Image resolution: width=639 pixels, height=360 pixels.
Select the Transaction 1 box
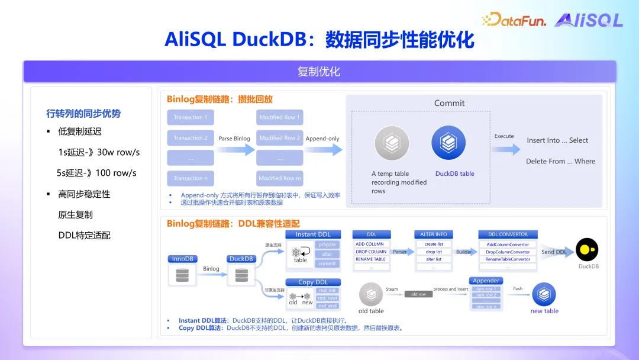pos(191,117)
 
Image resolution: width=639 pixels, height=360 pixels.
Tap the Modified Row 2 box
pos(280,138)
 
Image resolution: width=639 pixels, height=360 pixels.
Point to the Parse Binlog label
pos(234,139)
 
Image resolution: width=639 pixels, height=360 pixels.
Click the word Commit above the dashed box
pos(449,103)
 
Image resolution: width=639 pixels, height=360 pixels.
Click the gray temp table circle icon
pos(391,143)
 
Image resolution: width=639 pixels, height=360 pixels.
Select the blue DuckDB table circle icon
pos(448,143)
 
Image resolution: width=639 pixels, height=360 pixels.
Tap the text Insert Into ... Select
pos(557,140)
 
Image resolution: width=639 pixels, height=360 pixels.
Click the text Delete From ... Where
pos(560,161)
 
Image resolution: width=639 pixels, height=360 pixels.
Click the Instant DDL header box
pos(313,234)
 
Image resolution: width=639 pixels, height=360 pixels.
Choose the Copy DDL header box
pos(313,282)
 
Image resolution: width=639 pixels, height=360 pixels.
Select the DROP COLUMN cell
pos(371,252)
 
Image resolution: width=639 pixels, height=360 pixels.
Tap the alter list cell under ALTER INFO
pos(434,259)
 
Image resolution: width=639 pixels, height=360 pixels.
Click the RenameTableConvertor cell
pos(508,259)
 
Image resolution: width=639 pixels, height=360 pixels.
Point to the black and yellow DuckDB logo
pos(588,249)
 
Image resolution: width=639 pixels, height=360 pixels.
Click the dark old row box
pos(418,294)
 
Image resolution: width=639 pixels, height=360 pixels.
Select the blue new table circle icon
pos(544,294)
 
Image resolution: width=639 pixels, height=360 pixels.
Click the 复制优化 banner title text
pos(319,72)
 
